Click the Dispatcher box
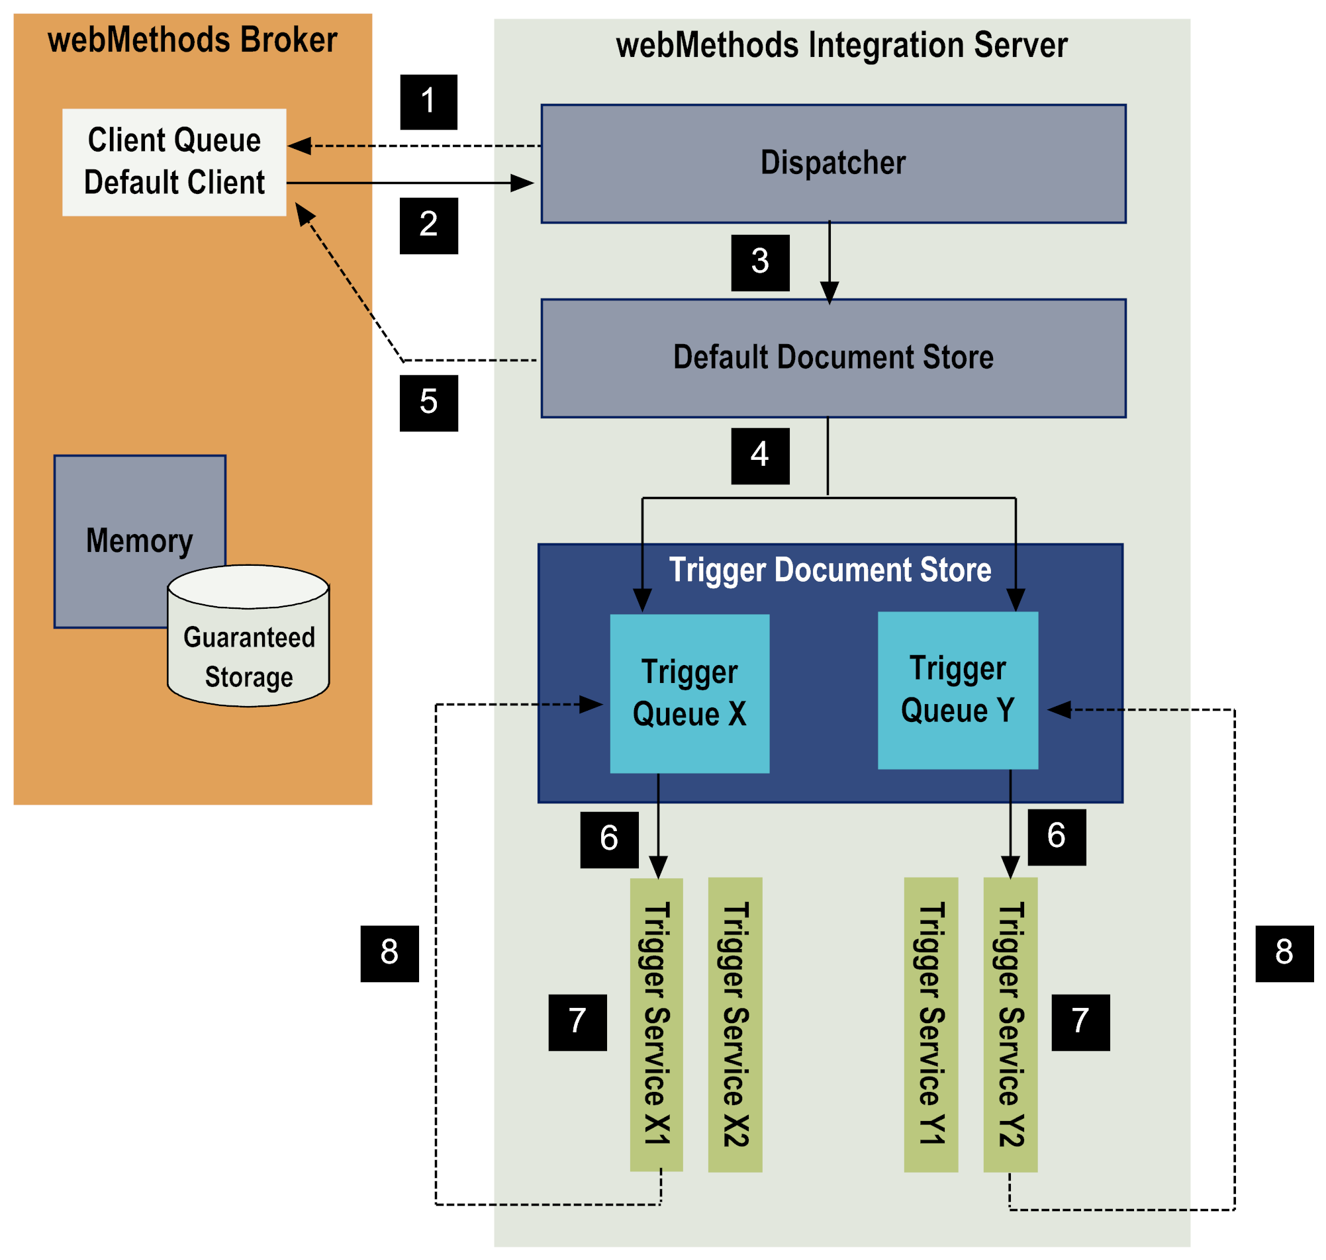tap(833, 163)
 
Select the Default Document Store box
tap(833, 358)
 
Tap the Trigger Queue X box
tap(689, 693)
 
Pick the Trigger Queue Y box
tap(957, 690)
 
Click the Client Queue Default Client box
tap(174, 162)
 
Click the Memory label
tap(140, 541)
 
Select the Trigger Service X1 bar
tap(656, 1024)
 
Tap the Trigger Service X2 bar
tap(735, 1024)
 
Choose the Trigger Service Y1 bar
tap(930, 1024)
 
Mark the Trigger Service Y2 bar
tap(1010, 1024)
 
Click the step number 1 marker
tap(428, 102)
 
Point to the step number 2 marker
tap(428, 225)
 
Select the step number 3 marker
tap(760, 263)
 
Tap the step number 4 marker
tap(760, 456)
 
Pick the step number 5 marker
tap(428, 403)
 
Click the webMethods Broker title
tap(192, 40)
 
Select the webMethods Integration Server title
tap(841, 46)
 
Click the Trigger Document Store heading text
tap(829, 570)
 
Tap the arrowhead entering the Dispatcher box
tap(522, 183)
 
